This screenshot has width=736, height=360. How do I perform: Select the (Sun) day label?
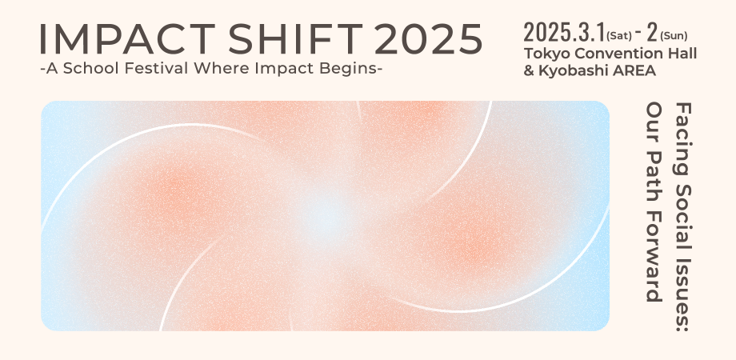pyautogui.click(x=673, y=35)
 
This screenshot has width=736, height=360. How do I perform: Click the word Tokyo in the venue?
pyautogui.click(x=543, y=54)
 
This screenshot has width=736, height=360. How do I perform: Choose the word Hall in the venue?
pyautogui.click(x=680, y=54)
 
